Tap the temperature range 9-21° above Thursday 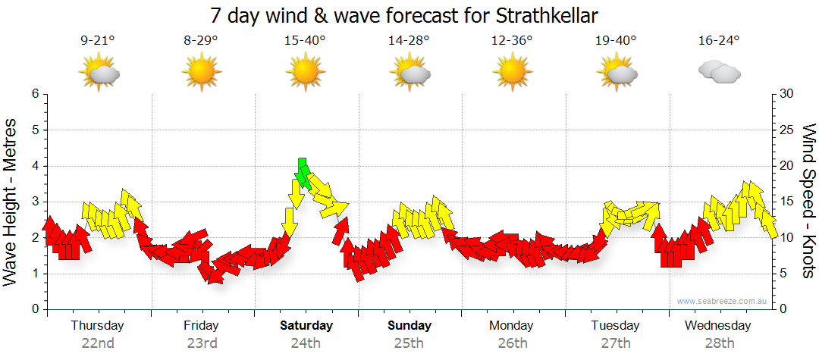click(x=98, y=41)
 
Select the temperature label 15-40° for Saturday click(x=305, y=41)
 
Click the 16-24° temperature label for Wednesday click(x=719, y=41)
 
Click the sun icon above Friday click(x=202, y=74)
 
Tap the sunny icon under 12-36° click(x=512, y=74)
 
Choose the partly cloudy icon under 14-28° click(x=409, y=74)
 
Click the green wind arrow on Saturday click(x=303, y=174)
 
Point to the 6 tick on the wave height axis click(x=34, y=94)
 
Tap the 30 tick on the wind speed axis click(x=786, y=94)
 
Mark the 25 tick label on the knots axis click(x=786, y=130)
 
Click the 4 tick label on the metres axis click(x=34, y=166)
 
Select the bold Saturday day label click(x=306, y=326)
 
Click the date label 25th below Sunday click(x=409, y=343)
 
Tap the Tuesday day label click(x=615, y=326)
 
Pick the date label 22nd click(x=98, y=343)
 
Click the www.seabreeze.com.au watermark click(x=722, y=302)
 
